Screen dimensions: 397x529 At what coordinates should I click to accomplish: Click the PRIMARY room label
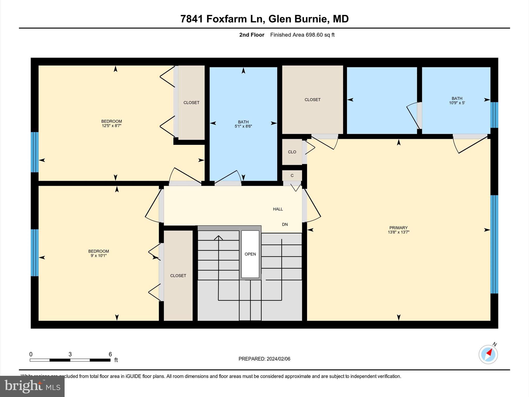click(398, 228)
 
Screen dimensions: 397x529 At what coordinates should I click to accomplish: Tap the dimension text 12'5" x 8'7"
click(112, 126)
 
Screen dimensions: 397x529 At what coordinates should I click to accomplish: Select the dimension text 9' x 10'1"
click(98, 256)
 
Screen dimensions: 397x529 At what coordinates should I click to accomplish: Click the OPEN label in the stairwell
click(250, 254)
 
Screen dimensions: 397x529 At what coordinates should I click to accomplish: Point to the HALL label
click(278, 209)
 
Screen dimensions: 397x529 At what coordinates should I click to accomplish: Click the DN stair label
click(285, 224)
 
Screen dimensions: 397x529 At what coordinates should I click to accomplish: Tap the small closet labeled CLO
click(292, 152)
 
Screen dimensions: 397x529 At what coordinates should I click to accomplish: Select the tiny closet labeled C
click(292, 175)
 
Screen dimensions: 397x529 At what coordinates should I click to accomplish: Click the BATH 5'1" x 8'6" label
click(243, 124)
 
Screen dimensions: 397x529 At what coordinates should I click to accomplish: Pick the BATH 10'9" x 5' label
click(457, 100)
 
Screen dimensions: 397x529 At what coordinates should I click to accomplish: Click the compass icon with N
click(488, 354)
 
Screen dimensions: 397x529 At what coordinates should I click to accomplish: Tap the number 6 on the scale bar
click(110, 354)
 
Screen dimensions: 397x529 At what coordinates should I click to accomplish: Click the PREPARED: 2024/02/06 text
click(264, 359)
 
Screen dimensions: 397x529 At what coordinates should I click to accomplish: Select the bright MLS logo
click(32, 386)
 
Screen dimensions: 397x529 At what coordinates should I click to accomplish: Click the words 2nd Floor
click(252, 35)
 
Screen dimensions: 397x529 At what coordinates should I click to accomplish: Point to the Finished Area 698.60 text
click(302, 35)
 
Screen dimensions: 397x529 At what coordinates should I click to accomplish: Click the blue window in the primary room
click(494, 244)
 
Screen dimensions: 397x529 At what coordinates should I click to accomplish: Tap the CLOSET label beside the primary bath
click(312, 100)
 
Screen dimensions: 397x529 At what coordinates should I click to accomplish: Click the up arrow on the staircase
click(219, 238)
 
